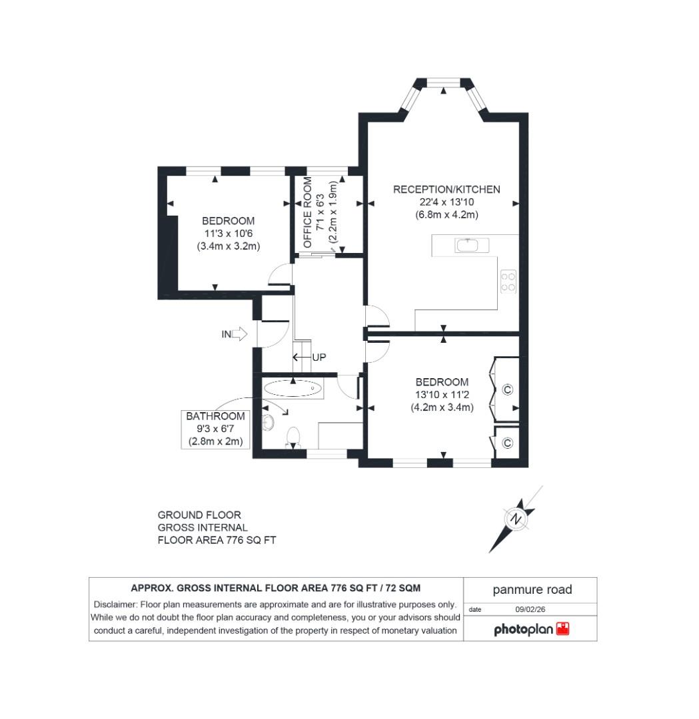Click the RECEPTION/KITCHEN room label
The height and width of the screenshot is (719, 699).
[446, 189]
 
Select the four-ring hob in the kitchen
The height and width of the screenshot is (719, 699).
[508, 281]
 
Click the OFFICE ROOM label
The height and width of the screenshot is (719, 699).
[308, 212]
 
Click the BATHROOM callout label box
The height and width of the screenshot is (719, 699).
[215, 429]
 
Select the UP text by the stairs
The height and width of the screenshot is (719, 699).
[319, 358]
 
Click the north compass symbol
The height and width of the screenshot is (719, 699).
[515, 519]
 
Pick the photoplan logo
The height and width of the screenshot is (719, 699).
[531, 629]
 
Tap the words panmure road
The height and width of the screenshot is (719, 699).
[532, 590]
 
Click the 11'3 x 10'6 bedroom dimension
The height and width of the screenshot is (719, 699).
[228, 233]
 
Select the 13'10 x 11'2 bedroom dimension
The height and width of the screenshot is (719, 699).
[442, 395]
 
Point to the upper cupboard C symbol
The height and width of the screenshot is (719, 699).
[507, 389]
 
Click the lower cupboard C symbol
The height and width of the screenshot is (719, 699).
[507, 443]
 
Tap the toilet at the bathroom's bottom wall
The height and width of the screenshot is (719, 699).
[293, 437]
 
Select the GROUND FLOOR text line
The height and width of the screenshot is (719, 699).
[199, 515]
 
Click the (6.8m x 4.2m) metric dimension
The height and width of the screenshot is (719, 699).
[446, 214]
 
